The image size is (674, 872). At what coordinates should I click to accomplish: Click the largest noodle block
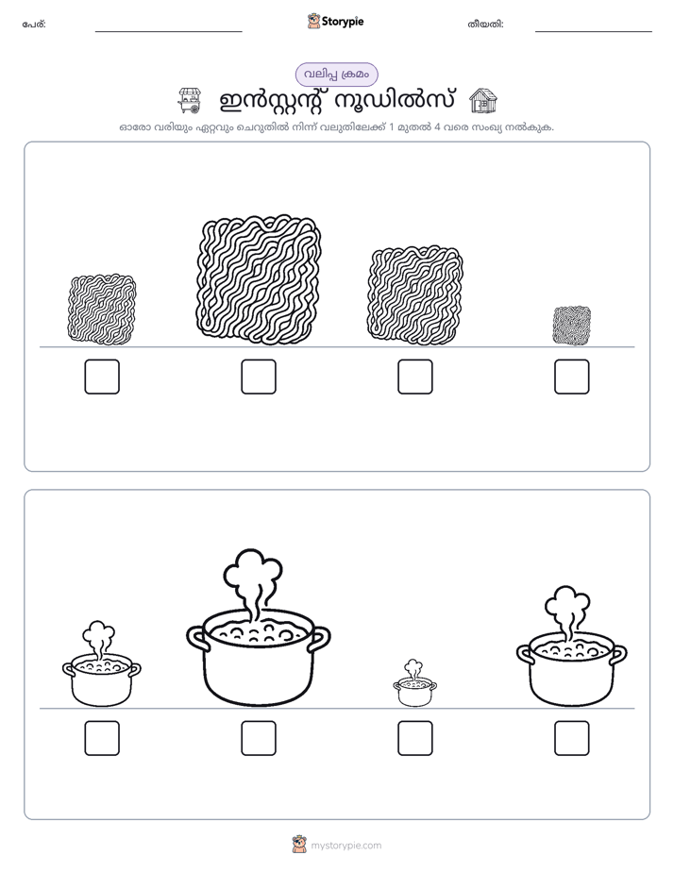pyautogui.click(x=259, y=278)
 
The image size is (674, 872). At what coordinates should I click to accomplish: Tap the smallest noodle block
pyautogui.click(x=572, y=326)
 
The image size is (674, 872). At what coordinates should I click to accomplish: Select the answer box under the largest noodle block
pyautogui.click(x=259, y=377)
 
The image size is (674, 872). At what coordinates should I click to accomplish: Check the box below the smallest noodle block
pyautogui.click(x=572, y=377)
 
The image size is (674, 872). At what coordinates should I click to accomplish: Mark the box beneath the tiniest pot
pyautogui.click(x=414, y=738)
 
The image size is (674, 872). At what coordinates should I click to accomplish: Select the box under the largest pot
pyautogui.click(x=259, y=738)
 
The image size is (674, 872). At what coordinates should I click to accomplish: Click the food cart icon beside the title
pyautogui.click(x=189, y=100)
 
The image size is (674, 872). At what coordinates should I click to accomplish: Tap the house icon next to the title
pyautogui.click(x=482, y=100)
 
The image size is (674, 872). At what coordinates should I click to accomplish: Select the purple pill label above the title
pyautogui.click(x=336, y=75)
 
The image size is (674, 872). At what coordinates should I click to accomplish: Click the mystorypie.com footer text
pyautogui.click(x=345, y=846)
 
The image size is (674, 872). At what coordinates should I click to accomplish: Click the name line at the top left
pyautogui.click(x=168, y=32)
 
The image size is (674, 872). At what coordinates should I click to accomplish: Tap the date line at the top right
pyautogui.click(x=594, y=32)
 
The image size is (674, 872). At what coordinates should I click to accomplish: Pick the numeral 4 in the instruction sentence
pyautogui.click(x=437, y=126)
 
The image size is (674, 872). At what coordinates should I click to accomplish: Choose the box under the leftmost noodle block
pyautogui.click(x=102, y=377)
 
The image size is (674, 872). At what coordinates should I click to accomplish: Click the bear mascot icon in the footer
pyautogui.click(x=299, y=845)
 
